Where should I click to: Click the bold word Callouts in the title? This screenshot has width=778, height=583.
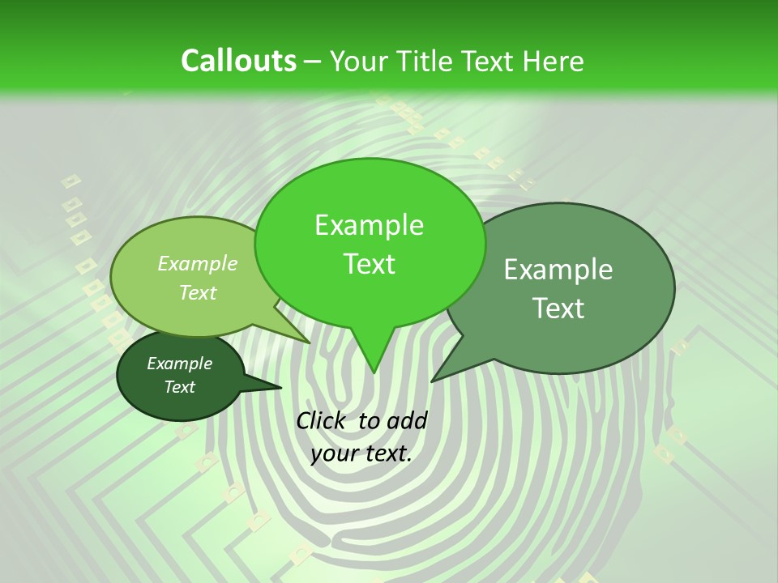(238, 61)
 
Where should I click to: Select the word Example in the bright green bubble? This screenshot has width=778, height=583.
(369, 225)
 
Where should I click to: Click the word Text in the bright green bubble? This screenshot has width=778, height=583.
(369, 264)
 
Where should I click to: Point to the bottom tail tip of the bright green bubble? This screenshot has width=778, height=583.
(374, 372)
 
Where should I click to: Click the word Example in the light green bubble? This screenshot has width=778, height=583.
(198, 263)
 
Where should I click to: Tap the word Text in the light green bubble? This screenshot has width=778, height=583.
(198, 292)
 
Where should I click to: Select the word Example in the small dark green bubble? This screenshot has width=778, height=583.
(179, 364)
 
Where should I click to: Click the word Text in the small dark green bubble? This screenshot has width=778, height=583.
(179, 387)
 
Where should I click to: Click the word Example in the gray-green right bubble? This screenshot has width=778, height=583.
(558, 270)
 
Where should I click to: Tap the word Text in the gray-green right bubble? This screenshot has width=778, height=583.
(558, 309)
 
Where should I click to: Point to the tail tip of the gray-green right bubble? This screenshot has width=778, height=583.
(433, 381)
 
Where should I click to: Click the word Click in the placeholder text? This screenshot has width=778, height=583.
(321, 420)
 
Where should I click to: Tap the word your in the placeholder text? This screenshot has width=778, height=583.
(333, 453)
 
